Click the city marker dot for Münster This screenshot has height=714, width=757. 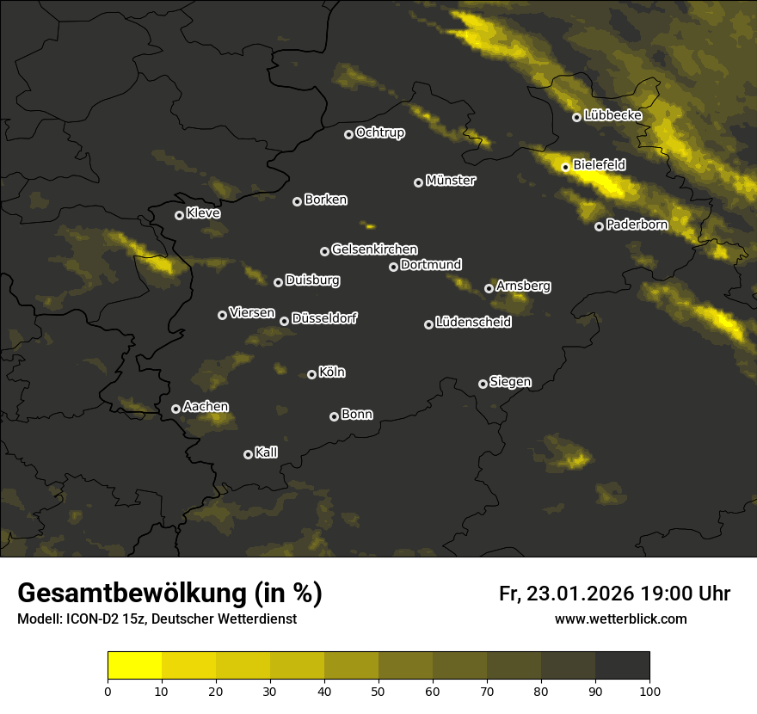tap(419, 182)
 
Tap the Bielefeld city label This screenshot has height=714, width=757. tap(599, 164)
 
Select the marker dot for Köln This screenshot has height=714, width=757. tap(311, 374)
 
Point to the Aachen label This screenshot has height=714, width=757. tap(206, 407)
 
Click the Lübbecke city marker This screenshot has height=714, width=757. tap(576, 117)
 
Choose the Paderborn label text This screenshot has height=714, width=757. tap(637, 225)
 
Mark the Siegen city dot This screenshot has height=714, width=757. tap(483, 384)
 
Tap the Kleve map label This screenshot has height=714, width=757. tap(203, 212)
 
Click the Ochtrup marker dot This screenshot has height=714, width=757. tap(348, 134)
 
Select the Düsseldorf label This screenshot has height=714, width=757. tap(324, 318)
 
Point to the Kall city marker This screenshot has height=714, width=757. tap(248, 454)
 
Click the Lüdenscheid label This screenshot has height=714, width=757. tap(473, 323)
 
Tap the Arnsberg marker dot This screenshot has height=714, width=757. tap(489, 288)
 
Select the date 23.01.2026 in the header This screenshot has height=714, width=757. tap(578, 594)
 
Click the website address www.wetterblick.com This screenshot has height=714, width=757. tap(620, 619)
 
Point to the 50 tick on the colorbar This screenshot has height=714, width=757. tap(378, 690)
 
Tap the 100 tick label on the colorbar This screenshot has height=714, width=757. tap(649, 690)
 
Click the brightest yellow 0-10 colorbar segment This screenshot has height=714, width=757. tap(135, 665)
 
